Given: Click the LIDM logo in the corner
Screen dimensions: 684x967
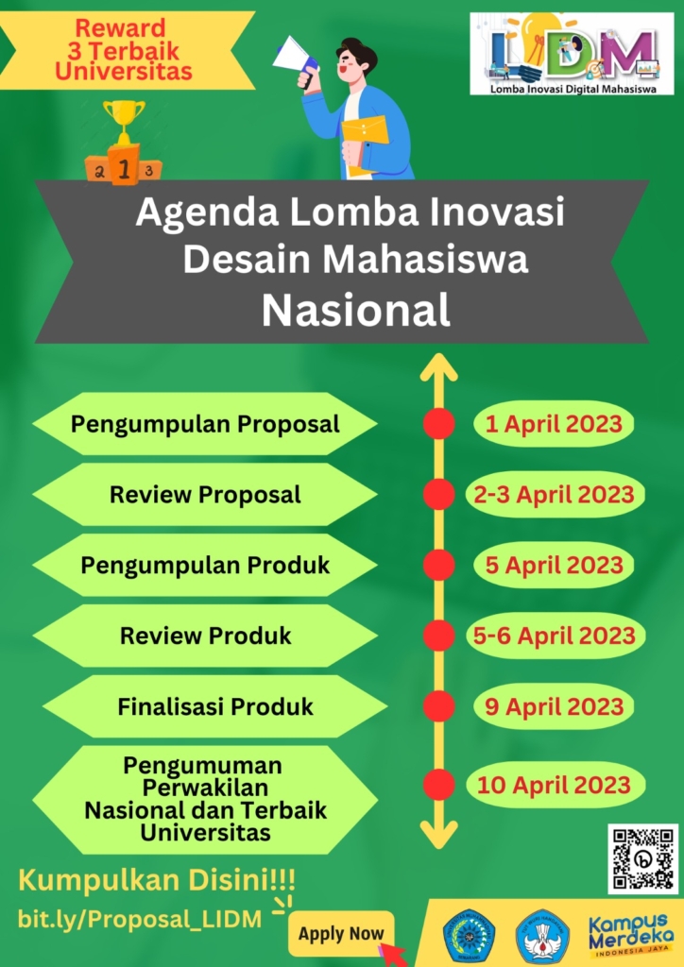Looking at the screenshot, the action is click(x=572, y=54).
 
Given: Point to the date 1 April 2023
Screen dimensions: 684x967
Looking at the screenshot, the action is click(x=554, y=424).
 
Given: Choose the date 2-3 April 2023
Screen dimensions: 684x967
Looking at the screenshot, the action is click(x=554, y=495).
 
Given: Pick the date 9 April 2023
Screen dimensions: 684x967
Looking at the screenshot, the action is click(x=554, y=706).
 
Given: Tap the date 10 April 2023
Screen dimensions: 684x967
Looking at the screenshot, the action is click(x=554, y=785).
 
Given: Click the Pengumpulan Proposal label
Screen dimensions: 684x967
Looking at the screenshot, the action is click(x=205, y=424).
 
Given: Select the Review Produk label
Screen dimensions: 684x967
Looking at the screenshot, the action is click(x=205, y=636).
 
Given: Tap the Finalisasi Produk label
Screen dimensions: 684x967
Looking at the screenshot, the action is click(x=215, y=706).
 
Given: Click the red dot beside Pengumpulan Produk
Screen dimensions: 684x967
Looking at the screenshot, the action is click(x=439, y=566).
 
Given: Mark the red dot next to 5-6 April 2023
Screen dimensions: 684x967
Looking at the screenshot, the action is click(x=439, y=636).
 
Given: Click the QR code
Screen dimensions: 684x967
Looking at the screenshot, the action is click(x=642, y=858).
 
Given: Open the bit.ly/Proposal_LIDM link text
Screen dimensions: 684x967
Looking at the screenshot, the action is click(x=140, y=920).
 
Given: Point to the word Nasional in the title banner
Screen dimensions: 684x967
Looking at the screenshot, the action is click(x=356, y=310).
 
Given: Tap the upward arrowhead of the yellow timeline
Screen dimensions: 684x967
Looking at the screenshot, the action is click(x=438, y=366).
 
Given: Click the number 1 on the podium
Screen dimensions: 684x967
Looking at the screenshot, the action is click(x=124, y=168).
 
